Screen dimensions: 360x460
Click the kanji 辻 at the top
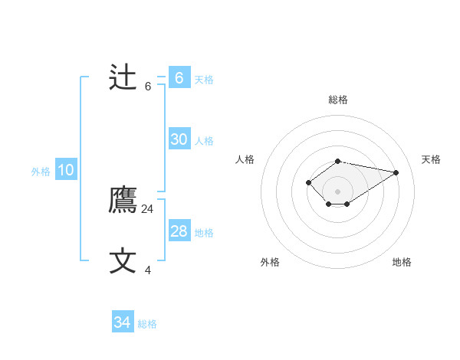pos(123,77)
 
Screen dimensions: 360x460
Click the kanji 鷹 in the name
pos(123,201)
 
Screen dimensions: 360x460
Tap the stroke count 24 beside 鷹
pos(148,208)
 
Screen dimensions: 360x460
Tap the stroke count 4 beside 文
pos(148,270)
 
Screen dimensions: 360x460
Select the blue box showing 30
pos(179,139)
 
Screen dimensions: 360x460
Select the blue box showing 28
pos(179,231)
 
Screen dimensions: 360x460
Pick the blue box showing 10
pos(66,170)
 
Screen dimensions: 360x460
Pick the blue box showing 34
pos(123,322)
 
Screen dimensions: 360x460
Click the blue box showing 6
pos(179,77)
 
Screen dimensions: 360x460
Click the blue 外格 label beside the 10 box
pos(41,172)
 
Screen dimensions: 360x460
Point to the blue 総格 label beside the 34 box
pos(147,324)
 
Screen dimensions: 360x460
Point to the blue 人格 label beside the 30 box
pos(204,141)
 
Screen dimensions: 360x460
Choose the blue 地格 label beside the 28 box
pos(204,233)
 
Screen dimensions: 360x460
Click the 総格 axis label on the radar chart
pos(338,100)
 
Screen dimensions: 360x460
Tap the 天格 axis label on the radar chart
pos(431,159)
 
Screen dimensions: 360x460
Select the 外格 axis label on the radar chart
pos(270,262)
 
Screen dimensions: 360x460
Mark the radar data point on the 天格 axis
pos(396,172)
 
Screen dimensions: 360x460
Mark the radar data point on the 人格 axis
pos(308,182)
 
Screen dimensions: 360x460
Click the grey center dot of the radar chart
pos(338,191)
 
